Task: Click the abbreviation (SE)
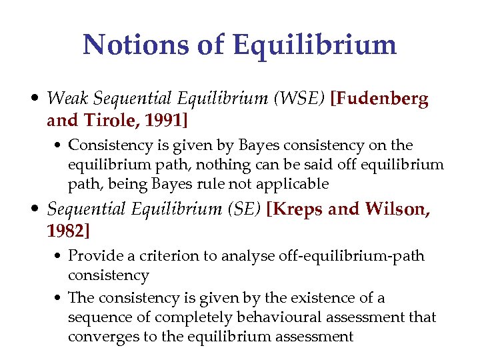coord(245,210)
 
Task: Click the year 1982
coord(68,231)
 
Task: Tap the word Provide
coord(92,256)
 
